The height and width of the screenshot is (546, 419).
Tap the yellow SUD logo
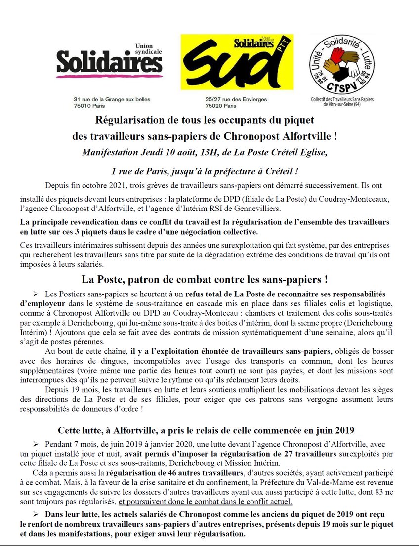point(237,62)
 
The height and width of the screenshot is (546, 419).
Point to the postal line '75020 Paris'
point(221,106)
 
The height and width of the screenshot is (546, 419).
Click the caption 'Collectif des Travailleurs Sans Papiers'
point(341,99)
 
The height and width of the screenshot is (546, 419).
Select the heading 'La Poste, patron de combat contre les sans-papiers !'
point(205,279)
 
